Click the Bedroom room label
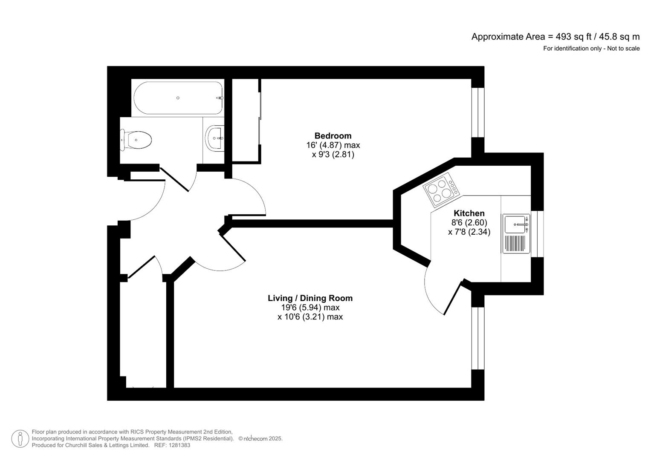point(333,136)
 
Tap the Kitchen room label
point(469,213)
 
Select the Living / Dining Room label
point(310,298)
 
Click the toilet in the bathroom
point(136,140)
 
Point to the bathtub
point(178,98)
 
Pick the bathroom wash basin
point(215,138)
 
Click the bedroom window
point(477,112)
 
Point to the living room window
point(477,338)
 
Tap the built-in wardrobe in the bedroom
point(246,121)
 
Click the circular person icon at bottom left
point(20,439)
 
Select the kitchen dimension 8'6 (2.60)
point(469,223)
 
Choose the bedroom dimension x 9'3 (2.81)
point(333,155)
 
